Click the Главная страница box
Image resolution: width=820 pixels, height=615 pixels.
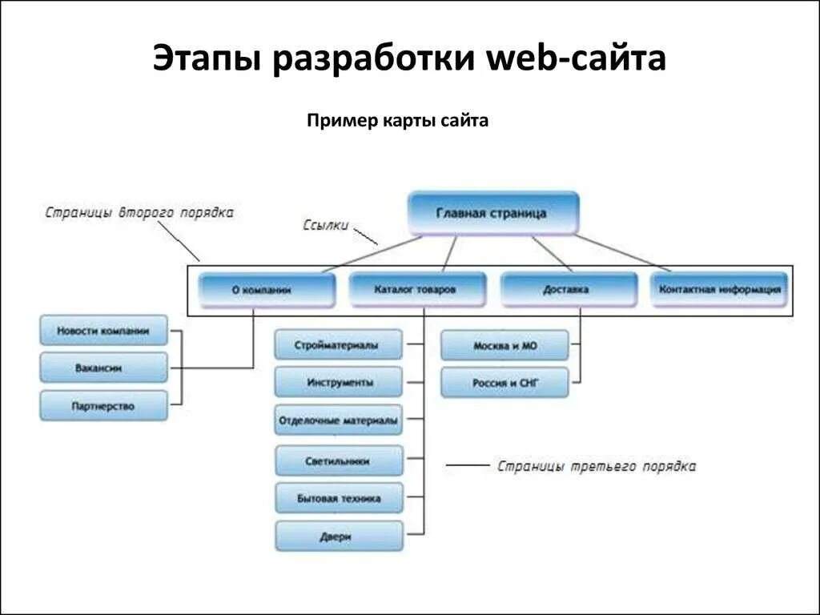[x=492, y=213]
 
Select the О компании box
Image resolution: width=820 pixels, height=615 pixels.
[x=267, y=290]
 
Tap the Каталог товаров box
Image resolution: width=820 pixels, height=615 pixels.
[x=416, y=289]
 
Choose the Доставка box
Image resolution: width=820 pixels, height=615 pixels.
[x=569, y=289]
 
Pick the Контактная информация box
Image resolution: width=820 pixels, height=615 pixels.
[x=719, y=289]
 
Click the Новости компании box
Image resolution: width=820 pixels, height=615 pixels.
[x=104, y=331]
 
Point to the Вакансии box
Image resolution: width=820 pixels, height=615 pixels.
[x=104, y=368]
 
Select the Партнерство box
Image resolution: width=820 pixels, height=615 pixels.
[x=104, y=406]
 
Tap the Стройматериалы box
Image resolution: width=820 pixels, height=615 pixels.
[x=339, y=345]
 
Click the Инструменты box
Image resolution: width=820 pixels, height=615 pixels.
[x=339, y=382]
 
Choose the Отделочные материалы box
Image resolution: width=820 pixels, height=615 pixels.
[x=339, y=420]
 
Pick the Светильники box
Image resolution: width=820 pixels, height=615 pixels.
[x=339, y=460]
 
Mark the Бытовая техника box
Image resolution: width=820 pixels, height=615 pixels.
[x=339, y=498]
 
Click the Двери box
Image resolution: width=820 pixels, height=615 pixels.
[x=339, y=536]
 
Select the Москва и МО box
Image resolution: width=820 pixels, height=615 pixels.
[x=504, y=346]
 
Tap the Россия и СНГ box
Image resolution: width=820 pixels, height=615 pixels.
[x=504, y=383]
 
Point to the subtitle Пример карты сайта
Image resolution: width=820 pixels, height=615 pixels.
[x=397, y=121]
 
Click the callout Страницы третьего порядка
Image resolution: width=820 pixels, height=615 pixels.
[x=596, y=466]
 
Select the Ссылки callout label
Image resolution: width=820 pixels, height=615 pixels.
[x=325, y=225]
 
